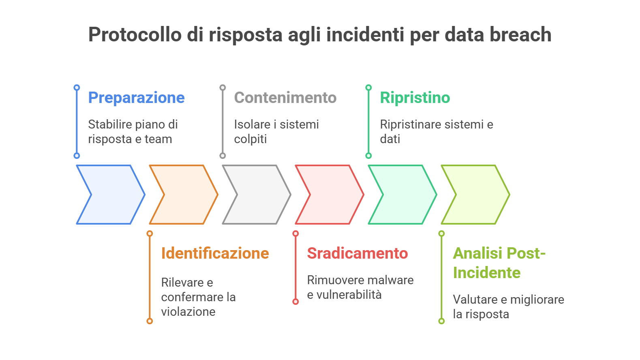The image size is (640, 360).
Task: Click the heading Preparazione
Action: click(x=136, y=98)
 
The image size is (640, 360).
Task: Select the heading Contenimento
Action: click(x=285, y=98)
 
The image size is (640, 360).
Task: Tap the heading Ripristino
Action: click(x=415, y=98)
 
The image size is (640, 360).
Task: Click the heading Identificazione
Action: click(x=215, y=253)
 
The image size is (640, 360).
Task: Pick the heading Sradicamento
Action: click(x=357, y=253)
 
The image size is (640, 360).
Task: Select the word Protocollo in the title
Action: click(x=135, y=34)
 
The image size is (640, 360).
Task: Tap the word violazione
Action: click(x=188, y=312)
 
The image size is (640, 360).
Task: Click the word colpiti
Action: click(x=250, y=139)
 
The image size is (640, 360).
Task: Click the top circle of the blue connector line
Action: click(x=77, y=88)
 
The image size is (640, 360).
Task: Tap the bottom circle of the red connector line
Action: click(x=296, y=302)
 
